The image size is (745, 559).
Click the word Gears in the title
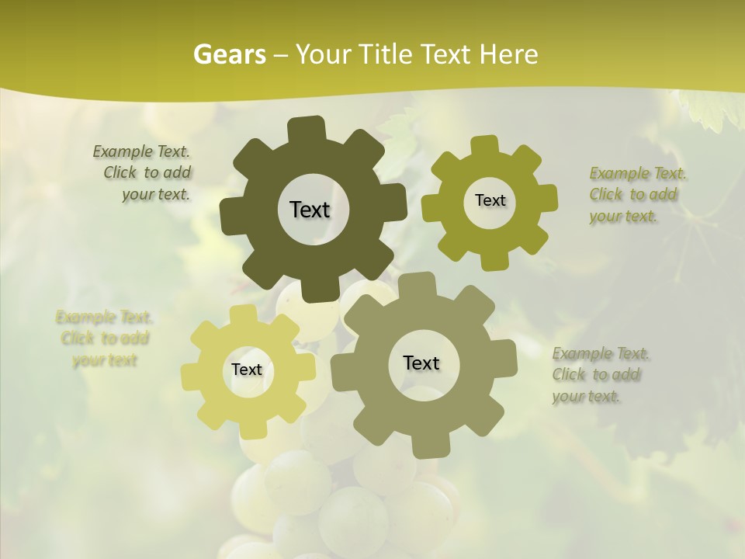[x=229, y=54]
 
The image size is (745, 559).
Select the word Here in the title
[x=508, y=54]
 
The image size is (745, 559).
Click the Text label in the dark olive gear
[x=310, y=210]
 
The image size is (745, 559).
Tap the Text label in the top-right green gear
[x=490, y=200]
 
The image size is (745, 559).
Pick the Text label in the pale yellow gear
[x=247, y=370]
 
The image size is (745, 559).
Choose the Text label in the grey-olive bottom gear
[x=421, y=363]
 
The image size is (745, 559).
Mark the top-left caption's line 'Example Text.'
[x=141, y=151]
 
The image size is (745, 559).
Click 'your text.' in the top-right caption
[x=623, y=217]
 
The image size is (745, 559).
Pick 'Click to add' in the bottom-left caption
[x=105, y=339]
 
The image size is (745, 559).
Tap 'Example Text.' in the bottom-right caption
[x=601, y=354]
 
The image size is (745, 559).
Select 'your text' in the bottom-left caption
[x=105, y=360]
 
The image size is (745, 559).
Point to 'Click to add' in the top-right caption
[x=632, y=195]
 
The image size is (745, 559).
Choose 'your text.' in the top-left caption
[x=156, y=195]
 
